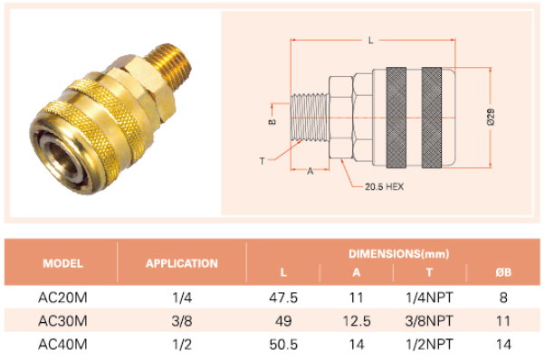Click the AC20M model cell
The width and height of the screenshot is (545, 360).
(x=62, y=298)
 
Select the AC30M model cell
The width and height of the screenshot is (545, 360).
(x=62, y=321)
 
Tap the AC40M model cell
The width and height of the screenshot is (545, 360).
(x=62, y=345)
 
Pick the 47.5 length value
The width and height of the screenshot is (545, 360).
(x=283, y=298)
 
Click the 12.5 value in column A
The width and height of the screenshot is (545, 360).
(x=357, y=321)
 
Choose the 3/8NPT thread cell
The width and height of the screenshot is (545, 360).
(x=429, y=321)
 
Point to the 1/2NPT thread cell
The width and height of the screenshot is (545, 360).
(x=429, y=345)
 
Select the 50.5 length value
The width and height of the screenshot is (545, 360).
(x=283, y=345)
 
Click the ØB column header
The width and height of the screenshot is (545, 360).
(x=503, y=272)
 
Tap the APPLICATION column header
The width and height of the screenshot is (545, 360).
(x=182, y=263)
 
